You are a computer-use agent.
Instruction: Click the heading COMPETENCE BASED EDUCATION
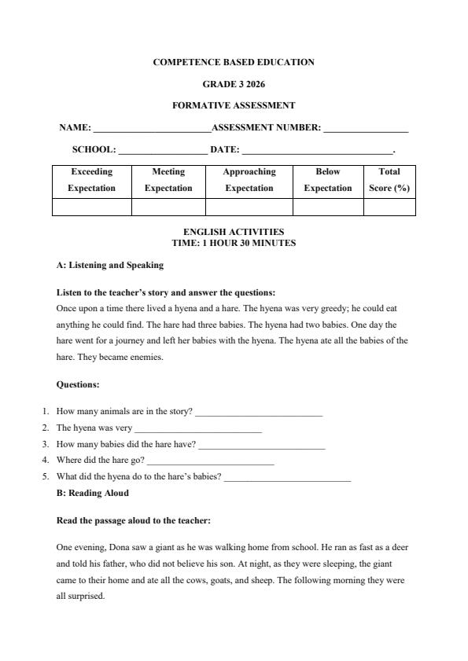234,62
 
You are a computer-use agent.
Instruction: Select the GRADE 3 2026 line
234,83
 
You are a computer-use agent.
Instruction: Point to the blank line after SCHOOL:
163,151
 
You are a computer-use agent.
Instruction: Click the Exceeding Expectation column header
91,180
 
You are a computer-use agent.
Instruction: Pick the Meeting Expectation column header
168,180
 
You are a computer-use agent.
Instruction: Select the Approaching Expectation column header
249,180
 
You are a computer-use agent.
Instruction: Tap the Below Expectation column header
328,180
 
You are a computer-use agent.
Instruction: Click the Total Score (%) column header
389,180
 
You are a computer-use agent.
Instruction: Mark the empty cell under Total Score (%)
389,207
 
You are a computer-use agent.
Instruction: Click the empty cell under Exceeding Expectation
91,207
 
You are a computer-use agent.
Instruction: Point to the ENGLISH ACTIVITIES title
234,232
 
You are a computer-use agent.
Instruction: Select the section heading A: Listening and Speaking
110,265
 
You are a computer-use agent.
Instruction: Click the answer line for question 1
259,413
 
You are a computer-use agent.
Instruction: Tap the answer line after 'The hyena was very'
198,429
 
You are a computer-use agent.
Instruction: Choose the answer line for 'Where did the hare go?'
210,461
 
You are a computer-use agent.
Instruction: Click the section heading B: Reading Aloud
93,494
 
